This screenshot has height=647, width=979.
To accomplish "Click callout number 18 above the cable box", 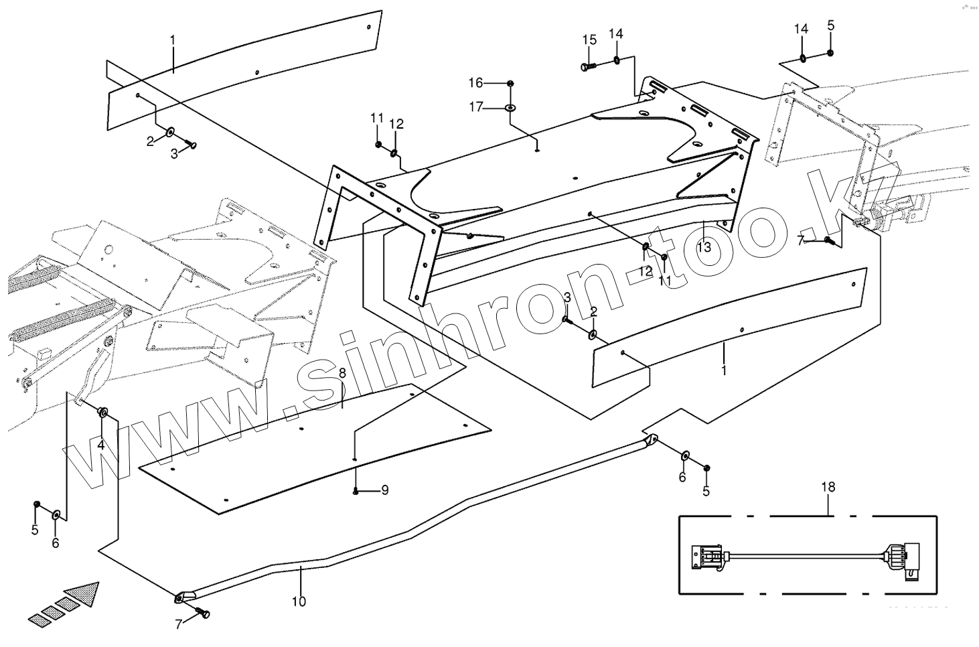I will (x=828, y=487).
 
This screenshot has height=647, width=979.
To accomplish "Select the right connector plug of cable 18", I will (x=901, y=556).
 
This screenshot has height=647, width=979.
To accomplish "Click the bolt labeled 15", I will (x=587, y=67).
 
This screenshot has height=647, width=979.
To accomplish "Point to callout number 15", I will (x=589, y=40).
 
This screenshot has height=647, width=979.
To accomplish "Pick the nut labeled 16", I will (x=510, y=83).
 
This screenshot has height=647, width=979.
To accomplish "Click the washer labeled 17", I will (x=510, y=107).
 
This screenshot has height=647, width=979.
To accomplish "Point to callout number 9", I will (x=384, y=490).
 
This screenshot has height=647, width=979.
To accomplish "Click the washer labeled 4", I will (x=104, y=412).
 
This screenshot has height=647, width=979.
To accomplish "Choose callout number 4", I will (x=100, y=445).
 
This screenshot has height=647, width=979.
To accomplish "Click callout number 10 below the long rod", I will (x=299, y=601).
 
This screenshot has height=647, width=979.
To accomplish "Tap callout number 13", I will (x=703, y=247).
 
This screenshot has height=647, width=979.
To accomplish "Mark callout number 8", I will (x=342, y=373).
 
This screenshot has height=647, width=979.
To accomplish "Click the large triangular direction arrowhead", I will (x=84, y=594).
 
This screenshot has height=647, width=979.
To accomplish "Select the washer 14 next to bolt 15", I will (x=616, y=62).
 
